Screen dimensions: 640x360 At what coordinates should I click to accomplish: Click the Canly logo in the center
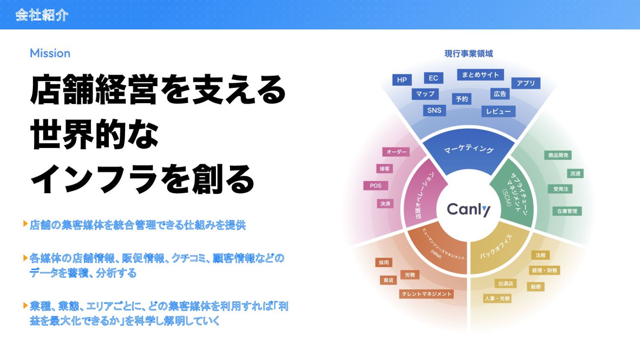[468, 209]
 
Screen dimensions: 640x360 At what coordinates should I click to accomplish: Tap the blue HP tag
[402, 80]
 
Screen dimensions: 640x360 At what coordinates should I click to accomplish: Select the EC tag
[433, 78]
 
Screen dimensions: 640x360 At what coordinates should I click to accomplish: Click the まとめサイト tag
[480, 75]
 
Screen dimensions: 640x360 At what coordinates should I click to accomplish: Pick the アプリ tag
[526, 83]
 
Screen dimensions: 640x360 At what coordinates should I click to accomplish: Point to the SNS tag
[434, 110]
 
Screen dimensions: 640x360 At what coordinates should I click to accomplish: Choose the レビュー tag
[498, 111]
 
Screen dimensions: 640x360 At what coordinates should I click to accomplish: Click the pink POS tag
[375, 186]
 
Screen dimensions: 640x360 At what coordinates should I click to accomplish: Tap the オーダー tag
[396, 152]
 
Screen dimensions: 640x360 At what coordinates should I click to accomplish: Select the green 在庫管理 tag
[567, 211]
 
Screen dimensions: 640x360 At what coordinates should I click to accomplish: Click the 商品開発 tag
[558, 155]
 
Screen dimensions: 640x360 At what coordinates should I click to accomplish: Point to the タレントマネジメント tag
[427, 294]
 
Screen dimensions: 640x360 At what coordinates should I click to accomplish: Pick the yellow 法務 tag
[540, 255]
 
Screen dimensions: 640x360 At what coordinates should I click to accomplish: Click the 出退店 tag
[506, 284]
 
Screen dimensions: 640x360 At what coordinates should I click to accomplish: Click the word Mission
[50, 53]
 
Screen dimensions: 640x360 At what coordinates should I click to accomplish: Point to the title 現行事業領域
[468, 54]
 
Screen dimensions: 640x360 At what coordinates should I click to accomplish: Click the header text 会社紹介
[42, 15]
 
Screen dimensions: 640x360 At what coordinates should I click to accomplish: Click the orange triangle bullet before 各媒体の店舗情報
[26, 258]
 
